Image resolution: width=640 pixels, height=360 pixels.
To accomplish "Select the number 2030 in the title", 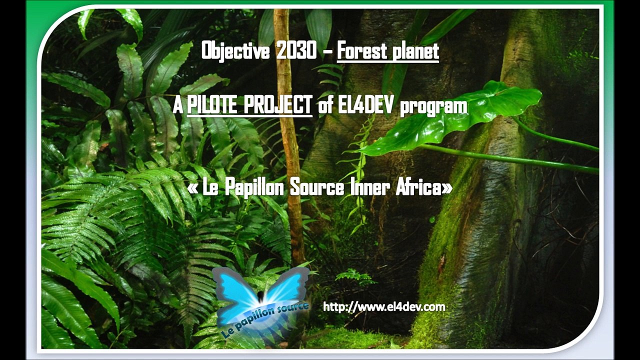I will click(296, 51).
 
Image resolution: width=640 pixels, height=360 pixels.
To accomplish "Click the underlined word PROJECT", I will click(281, 105).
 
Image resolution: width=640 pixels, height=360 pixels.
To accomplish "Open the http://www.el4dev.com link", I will click(384, 306).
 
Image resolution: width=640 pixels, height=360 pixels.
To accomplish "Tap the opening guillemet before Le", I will click(193, 188).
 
